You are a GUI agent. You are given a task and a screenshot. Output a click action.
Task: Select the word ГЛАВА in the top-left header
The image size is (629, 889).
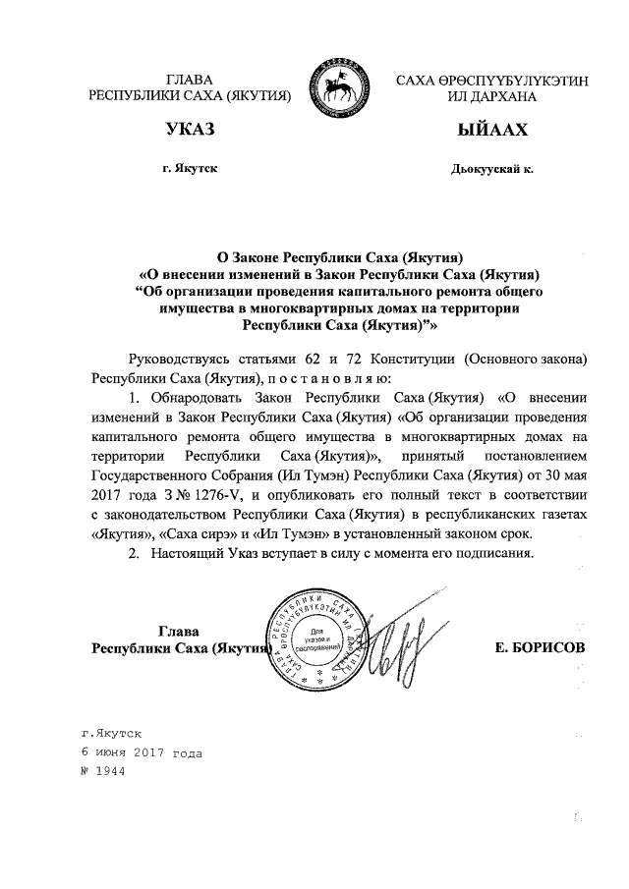coord(189,79)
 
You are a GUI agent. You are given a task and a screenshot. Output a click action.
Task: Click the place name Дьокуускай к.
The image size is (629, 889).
coord(489,169)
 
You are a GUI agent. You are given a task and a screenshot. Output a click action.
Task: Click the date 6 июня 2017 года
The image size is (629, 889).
coord(142,752)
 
